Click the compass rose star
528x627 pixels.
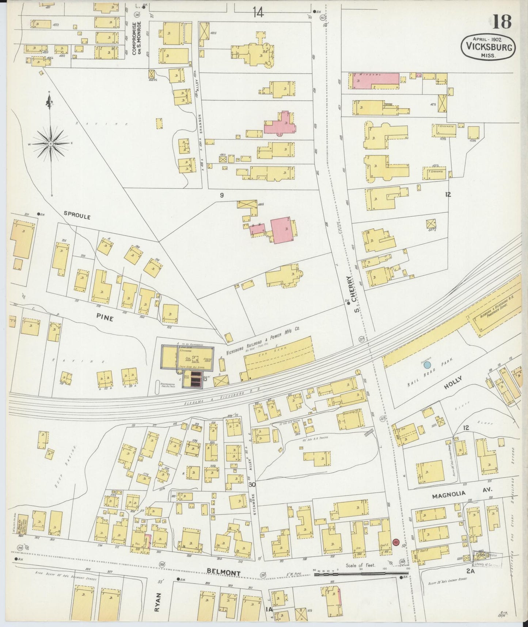pyautogui.click(x=50, y=143)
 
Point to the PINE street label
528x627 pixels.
pyautogui.click(x=105, y=319)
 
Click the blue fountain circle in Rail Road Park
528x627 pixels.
pyautogui.click(x=426, y=365)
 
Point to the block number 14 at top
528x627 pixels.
pyautogui.click(x=257, y=13)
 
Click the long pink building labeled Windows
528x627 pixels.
pyautogui.click(x=375, y=80)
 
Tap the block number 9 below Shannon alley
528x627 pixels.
pyautogui.click(x=221, y=195)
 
